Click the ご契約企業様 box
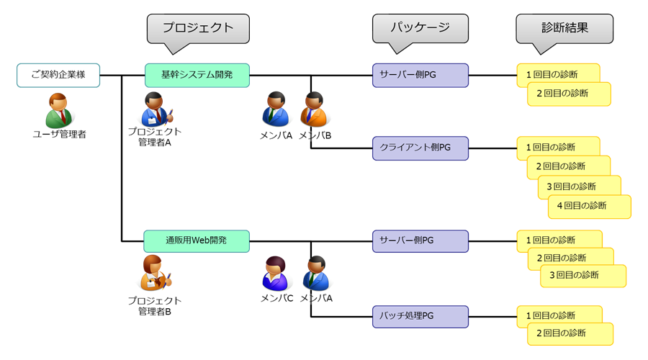pyautogui.click(x=58, y=75)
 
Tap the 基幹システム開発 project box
pyautogui.click(x=197, y=75)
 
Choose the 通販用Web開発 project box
pyautogui.click(x=197, y=240)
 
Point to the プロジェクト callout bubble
pyautogui.click(x=198, y=29)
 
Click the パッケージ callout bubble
pyautogui.click(x=420, y=29)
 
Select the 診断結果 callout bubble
pyautogui.click(x=564, y=29)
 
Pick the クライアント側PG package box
pyautogui.click(x=420, y=148)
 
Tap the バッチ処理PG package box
pyautogui.click(x=420, y=316)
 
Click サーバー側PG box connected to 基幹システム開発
pyautogui.click(x=420, y=75)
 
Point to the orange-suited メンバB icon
pyautogui.click(x=314, y=109)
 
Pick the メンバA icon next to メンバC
pyautogui.click(x=315, y=274)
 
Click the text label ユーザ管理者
pyautogui.click(x=59, y=134)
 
